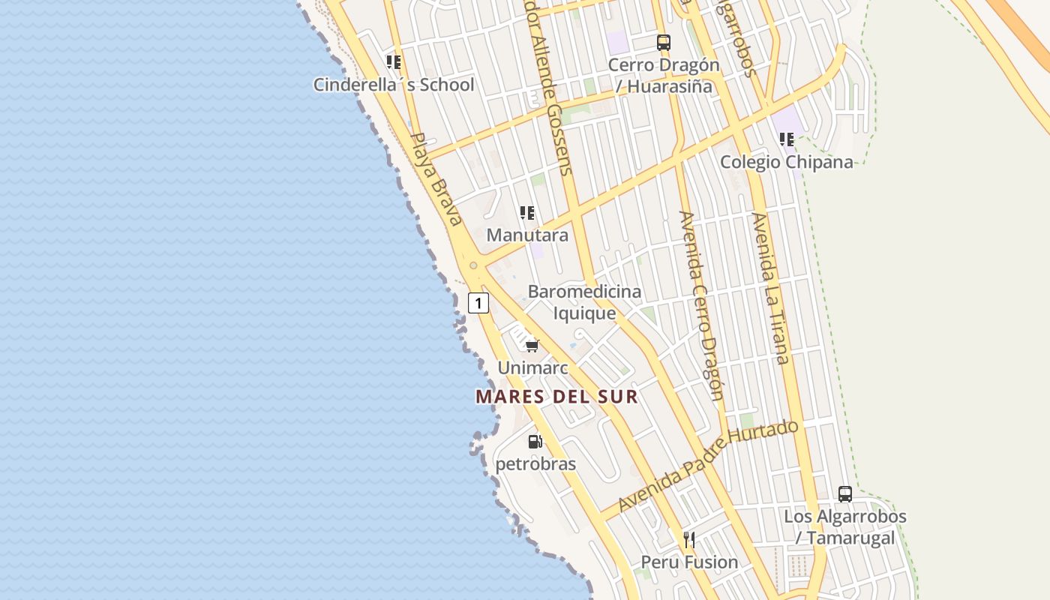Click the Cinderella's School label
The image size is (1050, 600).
(x=394, y=85)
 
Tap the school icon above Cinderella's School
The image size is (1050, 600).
(x=394, y=61)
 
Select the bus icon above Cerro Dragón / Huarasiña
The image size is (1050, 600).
(x=664, y=42)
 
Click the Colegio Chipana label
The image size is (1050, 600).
(x=787, y=162)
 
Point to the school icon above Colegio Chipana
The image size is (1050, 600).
(x=787, y=139)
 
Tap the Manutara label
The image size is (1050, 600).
(x=527, y=235)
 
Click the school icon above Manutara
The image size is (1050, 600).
(x=527, y=213)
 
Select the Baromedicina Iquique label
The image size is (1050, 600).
(x=584, y=302)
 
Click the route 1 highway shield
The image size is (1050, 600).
(x=478, y=303)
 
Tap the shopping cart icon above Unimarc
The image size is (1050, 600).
(x=532, y=345)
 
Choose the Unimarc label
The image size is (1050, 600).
(x=532, y=368)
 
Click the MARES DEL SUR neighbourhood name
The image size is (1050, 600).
(x=557, y=397)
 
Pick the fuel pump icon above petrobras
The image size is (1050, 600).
(x=535, y=441)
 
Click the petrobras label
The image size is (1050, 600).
(x=535, y=464)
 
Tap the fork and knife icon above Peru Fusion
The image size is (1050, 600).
(x=689, y=539)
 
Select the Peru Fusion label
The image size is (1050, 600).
(x=689, y=562)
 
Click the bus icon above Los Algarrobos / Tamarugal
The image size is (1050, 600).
(x=845, y=493)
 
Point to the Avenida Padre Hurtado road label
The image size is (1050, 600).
(x=709, y=465)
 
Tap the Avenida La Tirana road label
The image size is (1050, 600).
(x=770, y=288)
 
